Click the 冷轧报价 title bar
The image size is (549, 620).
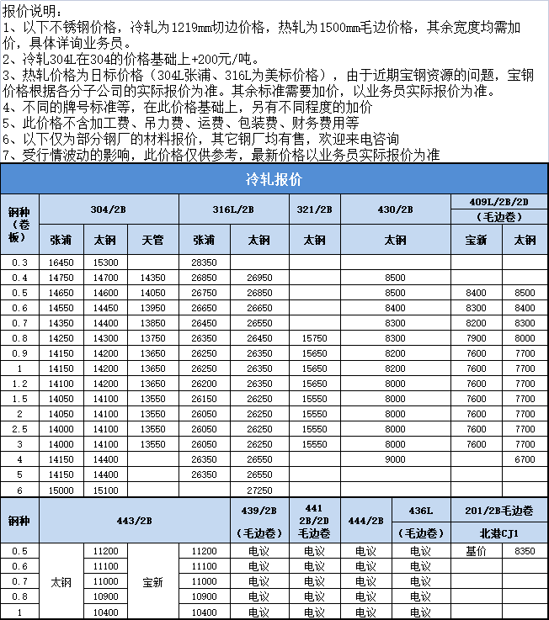tap(274, 180)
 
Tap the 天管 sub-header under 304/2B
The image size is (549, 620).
tap(152, 240)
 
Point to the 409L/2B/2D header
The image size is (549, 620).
tap(499, 200)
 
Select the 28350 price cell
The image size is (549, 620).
tap(204, 262)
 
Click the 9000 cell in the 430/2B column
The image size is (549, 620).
tap(395, 459)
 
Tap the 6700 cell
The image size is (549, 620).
tap(525, 459)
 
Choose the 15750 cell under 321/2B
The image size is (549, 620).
tap(315, 338)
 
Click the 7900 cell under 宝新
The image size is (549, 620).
tap(476, 338)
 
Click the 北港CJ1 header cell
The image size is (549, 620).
tap(499, 533)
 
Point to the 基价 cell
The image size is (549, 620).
tap(476, 551)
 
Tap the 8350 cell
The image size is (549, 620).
tap(525, 551)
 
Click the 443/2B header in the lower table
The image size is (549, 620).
tap(135, 521)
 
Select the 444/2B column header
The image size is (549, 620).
tap(365, 521)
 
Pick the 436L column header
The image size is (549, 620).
tap(420, 511)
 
